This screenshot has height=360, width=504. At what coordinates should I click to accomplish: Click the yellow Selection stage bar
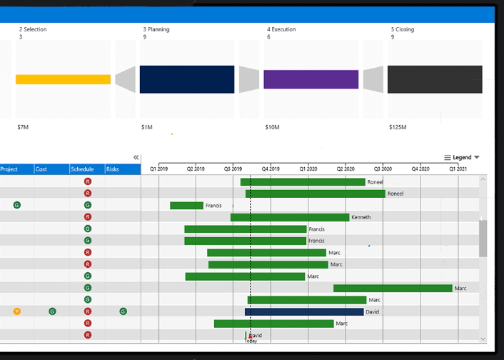pos(63,79)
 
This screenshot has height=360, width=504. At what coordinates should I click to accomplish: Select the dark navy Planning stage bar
pos(187,79)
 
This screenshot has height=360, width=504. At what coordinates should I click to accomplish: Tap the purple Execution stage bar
pos(311,79)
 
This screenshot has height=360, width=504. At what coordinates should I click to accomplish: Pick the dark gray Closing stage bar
pos(435,79)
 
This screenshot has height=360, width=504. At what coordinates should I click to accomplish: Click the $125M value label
pos(398,127)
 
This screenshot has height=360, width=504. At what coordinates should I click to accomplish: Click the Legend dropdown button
pos(462,157)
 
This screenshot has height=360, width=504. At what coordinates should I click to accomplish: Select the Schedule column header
pos(82,169)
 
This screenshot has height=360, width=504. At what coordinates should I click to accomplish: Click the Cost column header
pos(41,169)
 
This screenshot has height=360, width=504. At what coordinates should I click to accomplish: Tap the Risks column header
pos(113,169)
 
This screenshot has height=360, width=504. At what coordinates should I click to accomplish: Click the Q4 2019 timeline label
pos(270,169)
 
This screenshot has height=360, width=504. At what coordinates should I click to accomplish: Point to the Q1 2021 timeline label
pos(458,169)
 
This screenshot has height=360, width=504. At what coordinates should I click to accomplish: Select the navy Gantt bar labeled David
pos(304,312)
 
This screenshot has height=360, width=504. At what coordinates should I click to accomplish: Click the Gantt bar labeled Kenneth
pos(290,217)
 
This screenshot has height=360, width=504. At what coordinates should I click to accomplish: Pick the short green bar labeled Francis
pos(186,206)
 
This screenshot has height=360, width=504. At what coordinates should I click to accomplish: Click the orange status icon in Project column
pos(17,311)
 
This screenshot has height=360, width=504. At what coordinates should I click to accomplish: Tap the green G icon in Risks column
pos(123,311)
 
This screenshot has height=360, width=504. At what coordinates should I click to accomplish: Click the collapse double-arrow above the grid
pos(136,157)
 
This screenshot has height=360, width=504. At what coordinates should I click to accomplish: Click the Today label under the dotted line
pos(251,341)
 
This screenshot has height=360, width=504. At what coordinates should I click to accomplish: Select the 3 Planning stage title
pos(156,29)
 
